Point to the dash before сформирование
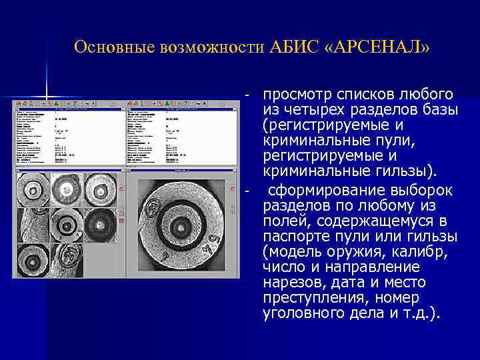pos(246,191)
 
